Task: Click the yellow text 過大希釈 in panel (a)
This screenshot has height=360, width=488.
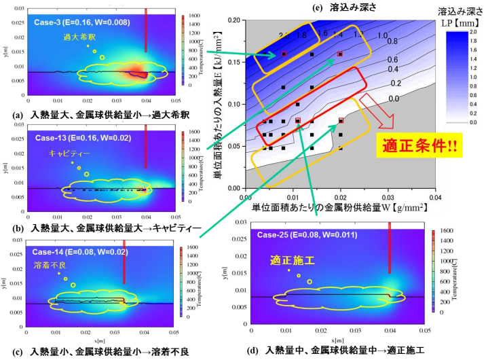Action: [78, 37]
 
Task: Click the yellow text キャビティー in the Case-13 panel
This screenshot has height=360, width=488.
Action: [69, 154]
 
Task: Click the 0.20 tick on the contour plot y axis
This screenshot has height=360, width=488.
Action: [235, 20]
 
